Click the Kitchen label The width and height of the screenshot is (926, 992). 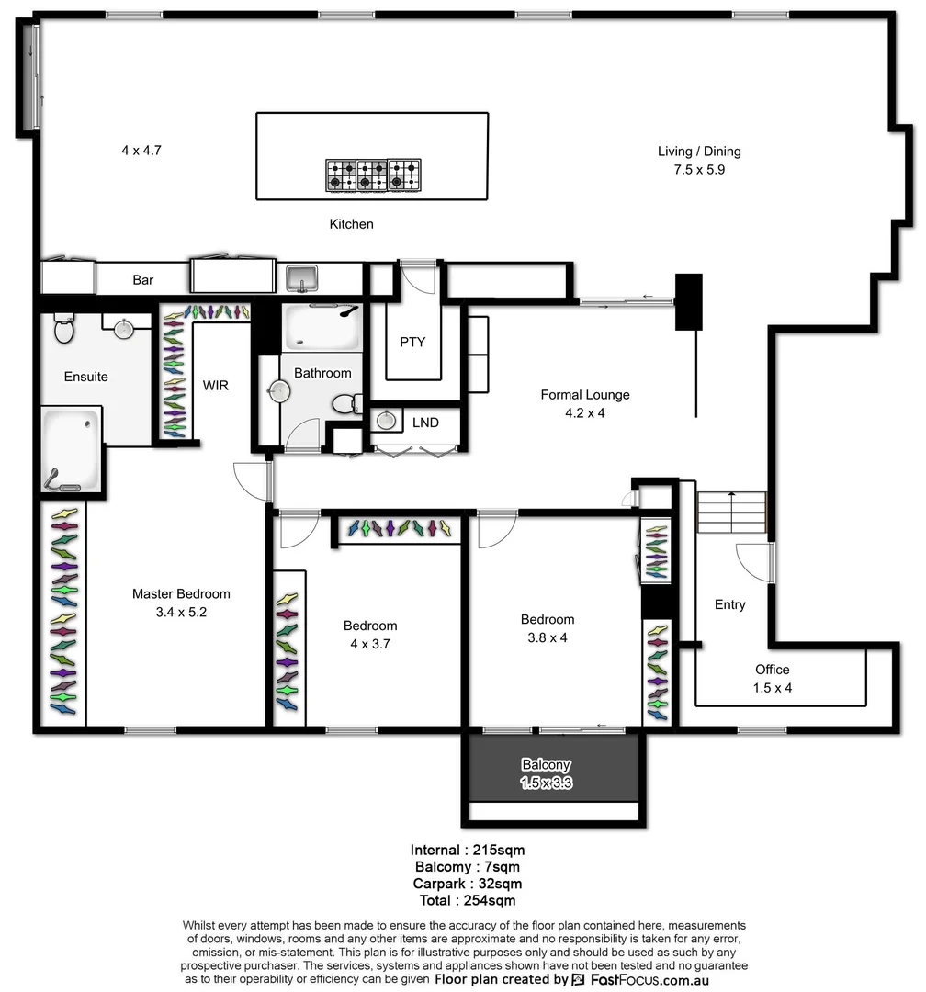pyautogui.click(x=351, y=224)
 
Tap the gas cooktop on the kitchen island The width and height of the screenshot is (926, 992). pyautogui.click(x=372, y=175)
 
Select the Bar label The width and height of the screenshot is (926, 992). pyautogui.click(x=142, y=280)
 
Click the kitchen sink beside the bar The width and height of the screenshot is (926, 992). pyautogui.click(x=301, y=276)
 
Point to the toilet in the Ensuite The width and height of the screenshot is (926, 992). pyautogui.click(x=63, y=327)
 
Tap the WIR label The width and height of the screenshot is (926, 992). pyautogui.click(x=215, y=386)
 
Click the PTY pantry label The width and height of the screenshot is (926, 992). pyautogui.click(x=412, y=342)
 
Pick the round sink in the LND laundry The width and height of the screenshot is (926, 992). pyautogui.click(x=386, y=422)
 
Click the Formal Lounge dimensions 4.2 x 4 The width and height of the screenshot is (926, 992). pyautogui.click(x=584, y=413)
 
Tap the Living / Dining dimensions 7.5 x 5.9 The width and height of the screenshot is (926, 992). pyautogui.click(x=698, y=169)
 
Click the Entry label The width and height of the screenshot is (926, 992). pyautogui.click(x=729, y=604)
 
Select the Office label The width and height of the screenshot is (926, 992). pyautogui.click(x=772, y=670)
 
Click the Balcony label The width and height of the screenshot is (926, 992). pyautogui.click(x=546, y=764)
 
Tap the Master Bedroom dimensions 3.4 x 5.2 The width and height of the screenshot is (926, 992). pyautogui.click(x=180, y=612)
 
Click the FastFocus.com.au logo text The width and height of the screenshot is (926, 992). pyautogui.click(x=649, y=979)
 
